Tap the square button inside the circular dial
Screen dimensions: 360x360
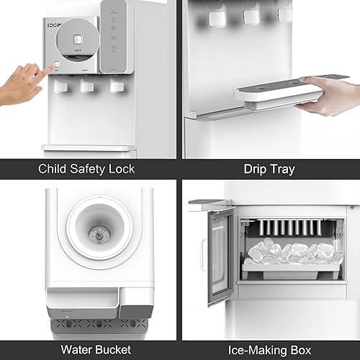click(x=84, y=32)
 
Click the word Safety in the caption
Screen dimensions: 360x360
click(x=90, y=169)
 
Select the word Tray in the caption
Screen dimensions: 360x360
click(x=284, y=169)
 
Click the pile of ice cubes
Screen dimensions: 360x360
click(x=292, y=252)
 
